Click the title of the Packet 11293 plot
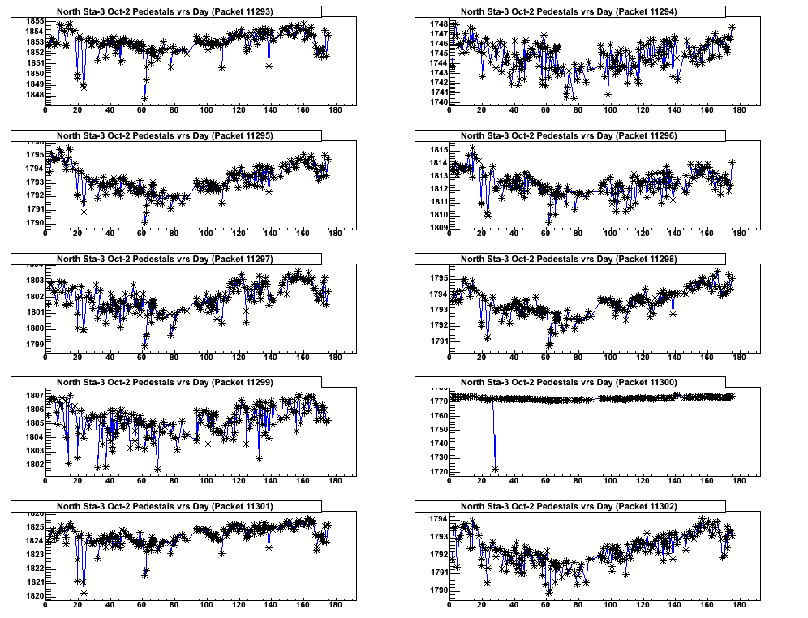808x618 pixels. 165,11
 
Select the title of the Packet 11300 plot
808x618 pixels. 569,382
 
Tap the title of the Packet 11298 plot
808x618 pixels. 569,259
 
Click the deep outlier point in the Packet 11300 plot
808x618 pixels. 495,469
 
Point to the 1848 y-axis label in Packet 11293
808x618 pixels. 35,94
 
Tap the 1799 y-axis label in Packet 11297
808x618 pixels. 35,345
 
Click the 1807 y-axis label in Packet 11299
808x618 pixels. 35,395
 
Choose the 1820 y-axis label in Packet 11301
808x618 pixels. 35,596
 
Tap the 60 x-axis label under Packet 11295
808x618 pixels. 141,234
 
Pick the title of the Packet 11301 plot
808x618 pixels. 165,506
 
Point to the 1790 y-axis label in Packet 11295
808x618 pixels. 35,222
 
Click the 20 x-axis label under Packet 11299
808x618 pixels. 77,482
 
